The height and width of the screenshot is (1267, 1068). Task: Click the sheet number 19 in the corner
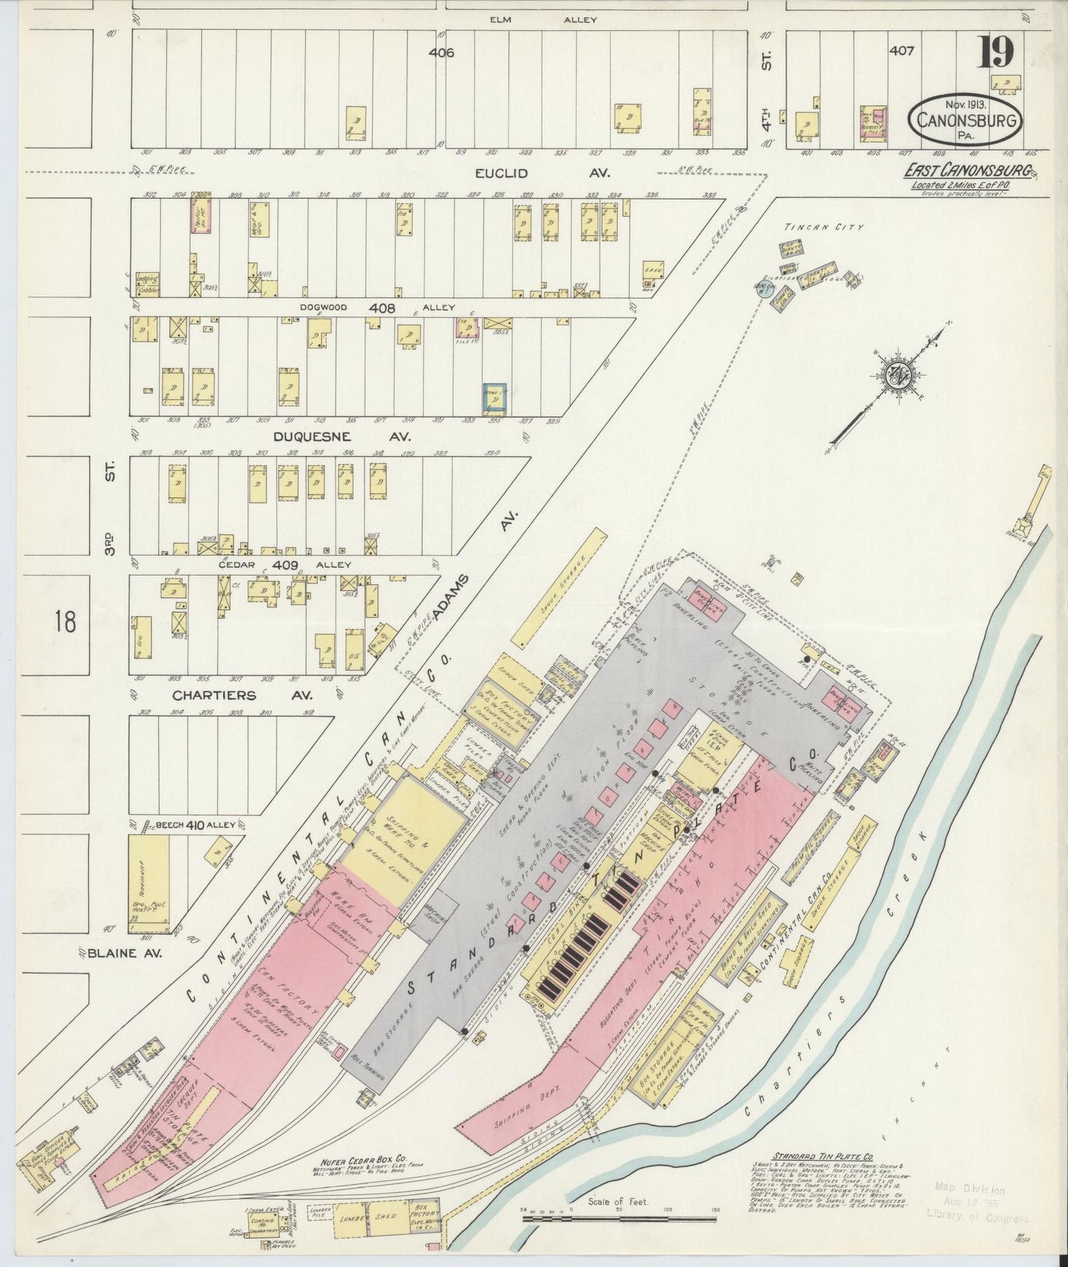click(998, 52)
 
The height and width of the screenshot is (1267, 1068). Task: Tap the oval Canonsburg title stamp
click(965, 120)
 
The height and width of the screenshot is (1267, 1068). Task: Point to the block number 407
click(902, 51)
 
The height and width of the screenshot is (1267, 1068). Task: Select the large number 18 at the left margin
click(64, 622)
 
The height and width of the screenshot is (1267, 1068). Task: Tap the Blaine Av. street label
click(122, 953)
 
